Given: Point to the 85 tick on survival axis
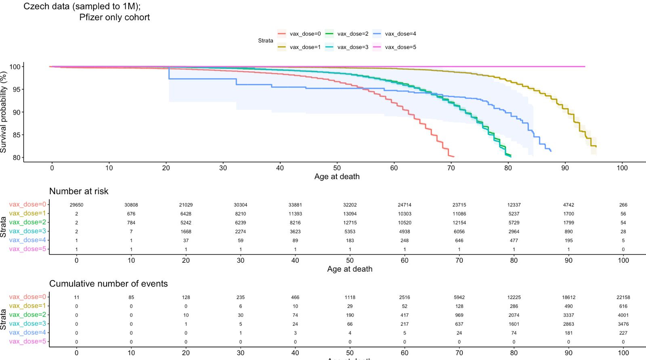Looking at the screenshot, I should (x=17, y=135).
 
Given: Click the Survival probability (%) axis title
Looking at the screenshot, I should (x=4, y=112).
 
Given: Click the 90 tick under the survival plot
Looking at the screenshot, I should (x=565, y=168).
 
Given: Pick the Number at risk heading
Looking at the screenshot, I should (x=79, y=191).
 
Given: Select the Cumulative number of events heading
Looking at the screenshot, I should (x=108, y=284).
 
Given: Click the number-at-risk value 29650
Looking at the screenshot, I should (x=76, y=205).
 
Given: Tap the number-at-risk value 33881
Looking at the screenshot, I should (x=295, y=205).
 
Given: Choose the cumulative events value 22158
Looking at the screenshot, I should (x=623, y=297).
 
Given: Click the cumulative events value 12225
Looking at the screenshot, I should (x=514, y=297).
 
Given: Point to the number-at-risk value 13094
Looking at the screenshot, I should (x=350, y=214).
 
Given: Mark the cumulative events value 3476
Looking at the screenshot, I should (x=623, y=324).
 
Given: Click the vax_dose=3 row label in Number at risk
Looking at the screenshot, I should (x=27, y=231).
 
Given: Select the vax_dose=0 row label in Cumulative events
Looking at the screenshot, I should (x=27, y=297).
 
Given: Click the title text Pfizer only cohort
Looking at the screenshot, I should (x=114, y=17).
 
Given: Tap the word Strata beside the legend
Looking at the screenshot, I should (x=265, y=41).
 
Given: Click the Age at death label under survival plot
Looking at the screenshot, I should (x=337, y=177).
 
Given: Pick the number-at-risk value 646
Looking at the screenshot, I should (x=459, y=241).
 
